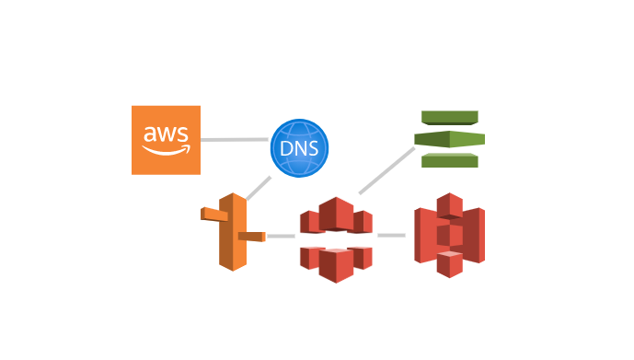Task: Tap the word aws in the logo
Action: [166, 136]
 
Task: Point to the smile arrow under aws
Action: [166, 151]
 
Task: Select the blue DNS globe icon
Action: [299, 147]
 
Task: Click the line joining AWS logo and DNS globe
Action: [235, 140]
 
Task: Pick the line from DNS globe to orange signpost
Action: [259, 187]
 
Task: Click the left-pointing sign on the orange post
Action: [213, 215]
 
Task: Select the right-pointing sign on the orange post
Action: [251, 237]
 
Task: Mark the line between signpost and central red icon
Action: [281, 237]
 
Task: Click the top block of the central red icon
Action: [336, 214]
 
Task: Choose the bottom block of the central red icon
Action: [336, 264]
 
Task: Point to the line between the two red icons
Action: [391, 236]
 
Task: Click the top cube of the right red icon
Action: [450, 204]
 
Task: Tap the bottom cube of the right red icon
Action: [450, 264]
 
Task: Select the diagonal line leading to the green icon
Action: [386, 170]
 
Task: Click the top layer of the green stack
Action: [450, 117]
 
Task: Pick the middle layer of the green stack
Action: [450, 139]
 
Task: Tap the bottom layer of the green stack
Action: [450, 161]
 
